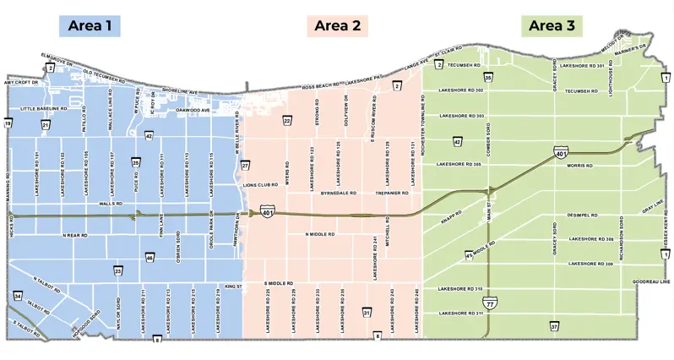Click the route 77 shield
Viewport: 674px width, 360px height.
tap(490, 301)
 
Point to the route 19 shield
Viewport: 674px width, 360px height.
tap(8, 124)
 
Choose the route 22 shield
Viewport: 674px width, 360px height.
tap(288, 122)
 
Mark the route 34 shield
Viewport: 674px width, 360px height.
tap(18, 296)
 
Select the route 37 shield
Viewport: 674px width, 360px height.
tap(554, 325)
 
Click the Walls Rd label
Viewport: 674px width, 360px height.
tap(111, 204)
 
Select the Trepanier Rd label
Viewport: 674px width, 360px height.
tap(392, 194)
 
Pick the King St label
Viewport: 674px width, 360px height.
tap(233, 286)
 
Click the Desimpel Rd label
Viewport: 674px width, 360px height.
tap(582, 215)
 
